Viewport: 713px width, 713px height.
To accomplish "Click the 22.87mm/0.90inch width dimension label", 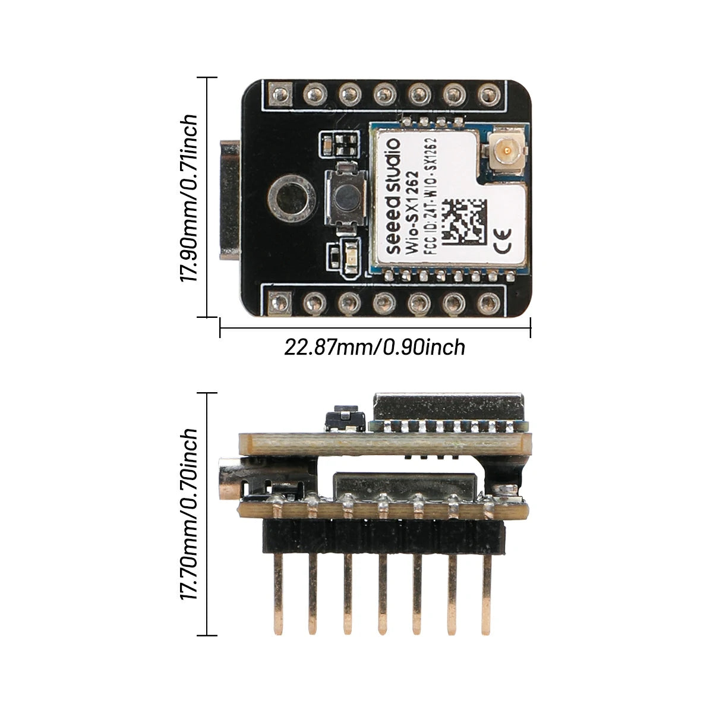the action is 374,348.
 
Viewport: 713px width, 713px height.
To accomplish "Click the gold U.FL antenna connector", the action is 506,151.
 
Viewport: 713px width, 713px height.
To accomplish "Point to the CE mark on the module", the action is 503,241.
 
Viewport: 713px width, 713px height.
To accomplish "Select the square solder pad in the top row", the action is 280,94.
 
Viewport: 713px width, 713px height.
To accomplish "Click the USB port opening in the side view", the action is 229,478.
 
